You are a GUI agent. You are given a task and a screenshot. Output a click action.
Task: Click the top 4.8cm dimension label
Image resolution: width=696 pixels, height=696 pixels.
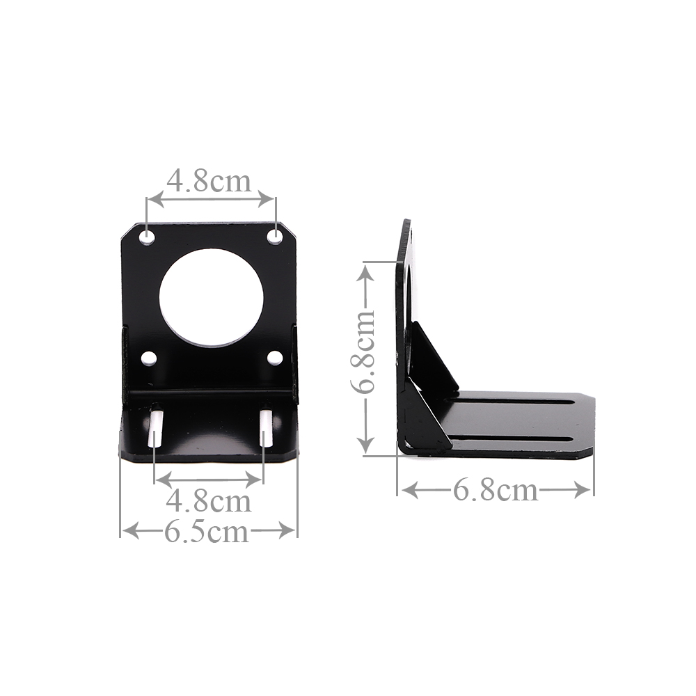pyautogui.click(x=209, y=181)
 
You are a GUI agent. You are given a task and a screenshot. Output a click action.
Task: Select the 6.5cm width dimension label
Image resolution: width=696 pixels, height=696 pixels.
pyautogui.click(x=207, y=531)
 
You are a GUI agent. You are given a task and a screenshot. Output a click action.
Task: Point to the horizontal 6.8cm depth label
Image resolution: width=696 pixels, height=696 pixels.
pyautogui.click(x=496, y=491)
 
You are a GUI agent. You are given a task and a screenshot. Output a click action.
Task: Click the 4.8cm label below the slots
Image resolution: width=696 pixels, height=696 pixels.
pyautogui.click(x=209, y=501)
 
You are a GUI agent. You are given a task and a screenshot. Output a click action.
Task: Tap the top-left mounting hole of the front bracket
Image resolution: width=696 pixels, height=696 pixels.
pyautogui.click(x=148, y=237)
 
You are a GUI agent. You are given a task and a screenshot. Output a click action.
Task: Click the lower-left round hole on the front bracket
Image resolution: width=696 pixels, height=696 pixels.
pyautogui.click(x=149, y=358)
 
